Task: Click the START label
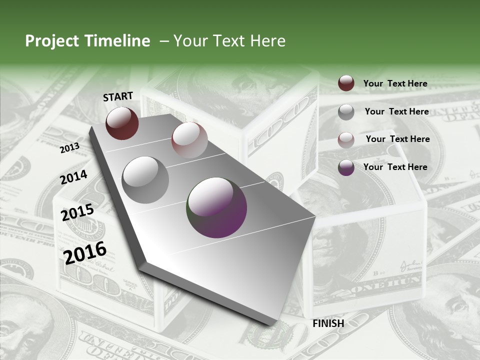[x=118, y=96]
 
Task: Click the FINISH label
[x=328, y=323]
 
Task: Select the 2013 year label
[x=69, y=148]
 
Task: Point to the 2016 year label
[x=85, y=252]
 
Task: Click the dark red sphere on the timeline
[x=122, y=123]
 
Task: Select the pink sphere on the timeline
[x=189, y=139]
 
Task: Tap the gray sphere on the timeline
[x=145, y=179]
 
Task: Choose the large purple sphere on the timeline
[x=216, y=207]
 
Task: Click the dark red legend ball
[x=346, y=83]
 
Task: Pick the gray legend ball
[x=346, y=112]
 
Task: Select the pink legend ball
[x=346, y=140]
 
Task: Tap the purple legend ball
[x=346, y=167]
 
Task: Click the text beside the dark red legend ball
[x=395, y=83]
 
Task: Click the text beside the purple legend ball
[x=395, y=167]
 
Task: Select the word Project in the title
[x=51, y=41]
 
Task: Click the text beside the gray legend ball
[x=396, y=111]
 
